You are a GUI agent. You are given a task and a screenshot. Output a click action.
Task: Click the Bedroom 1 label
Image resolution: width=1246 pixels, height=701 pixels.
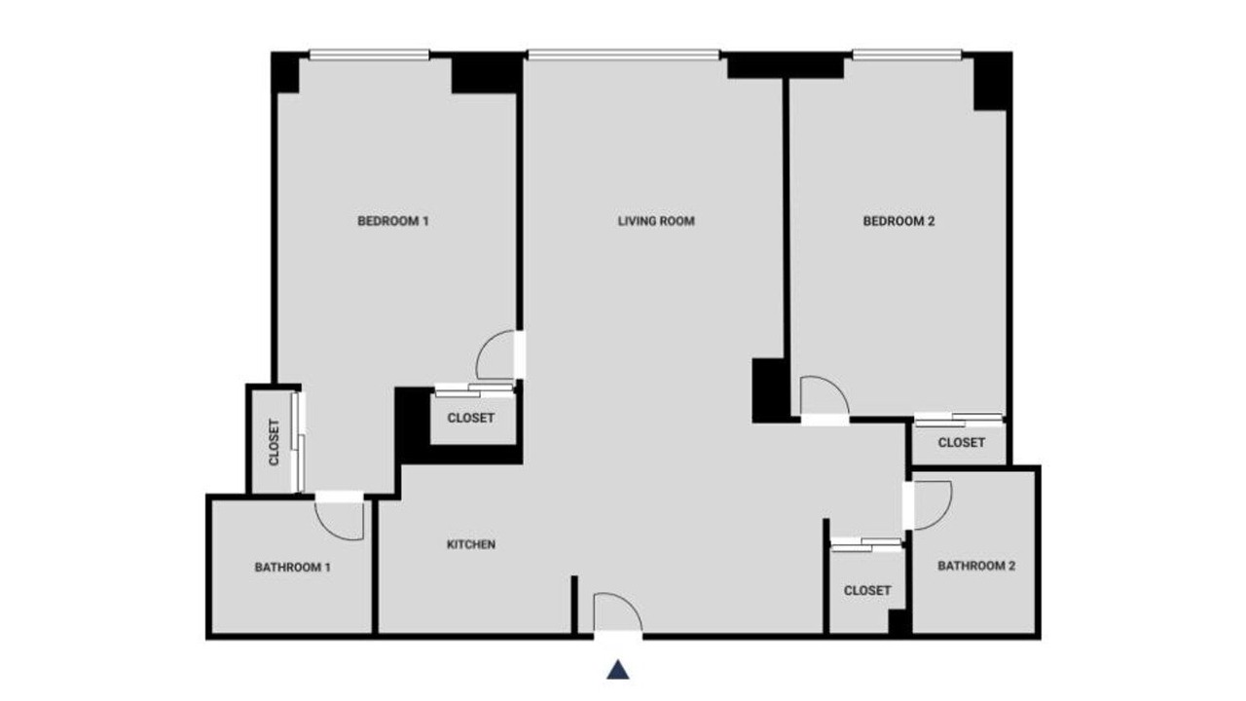pyautogui.click(x=392, y=221)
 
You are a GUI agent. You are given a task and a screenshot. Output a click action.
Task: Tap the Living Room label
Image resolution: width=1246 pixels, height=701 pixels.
pyautogui.click(x=656, y=221)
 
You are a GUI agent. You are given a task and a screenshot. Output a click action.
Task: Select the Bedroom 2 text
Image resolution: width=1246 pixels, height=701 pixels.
pyautogui.click(x=898, y=221)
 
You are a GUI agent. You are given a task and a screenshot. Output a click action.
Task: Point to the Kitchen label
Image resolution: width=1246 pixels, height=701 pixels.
pyautogui.click(x=471, y=544)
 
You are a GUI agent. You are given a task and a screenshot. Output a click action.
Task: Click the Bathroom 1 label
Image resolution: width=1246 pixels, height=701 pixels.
pyautogui.click(x=293, y=568)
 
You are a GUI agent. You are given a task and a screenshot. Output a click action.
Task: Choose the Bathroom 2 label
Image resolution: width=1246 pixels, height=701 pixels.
pyautogui.click(x=976, y=566)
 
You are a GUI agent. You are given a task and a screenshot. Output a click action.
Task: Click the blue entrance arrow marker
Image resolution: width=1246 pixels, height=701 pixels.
pyautogui.click(x=618, y=670)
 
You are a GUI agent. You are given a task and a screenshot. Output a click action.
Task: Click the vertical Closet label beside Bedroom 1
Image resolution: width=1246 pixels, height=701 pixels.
pyautogui.click(x=274, y=442)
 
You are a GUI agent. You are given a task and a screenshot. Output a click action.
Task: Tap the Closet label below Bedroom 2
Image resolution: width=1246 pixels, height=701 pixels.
pyautogui.click(x=961, y=443)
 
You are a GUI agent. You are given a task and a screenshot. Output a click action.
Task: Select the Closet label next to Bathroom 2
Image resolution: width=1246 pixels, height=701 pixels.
pyautogui.click(x=867, y=590)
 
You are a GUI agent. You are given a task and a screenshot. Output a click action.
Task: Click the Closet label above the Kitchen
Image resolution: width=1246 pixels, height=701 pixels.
pyautogui.click(x=470, y=418)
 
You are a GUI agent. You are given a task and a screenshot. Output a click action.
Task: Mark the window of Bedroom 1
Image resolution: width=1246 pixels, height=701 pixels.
pyautogui.click(x=369, y=55)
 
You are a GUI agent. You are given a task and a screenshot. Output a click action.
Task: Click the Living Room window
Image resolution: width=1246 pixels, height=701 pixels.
pyautogui.click(x=624, y=55)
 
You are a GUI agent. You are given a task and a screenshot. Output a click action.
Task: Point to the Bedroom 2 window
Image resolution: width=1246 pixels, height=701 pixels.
pyautogui.click(x=907, y=55)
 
